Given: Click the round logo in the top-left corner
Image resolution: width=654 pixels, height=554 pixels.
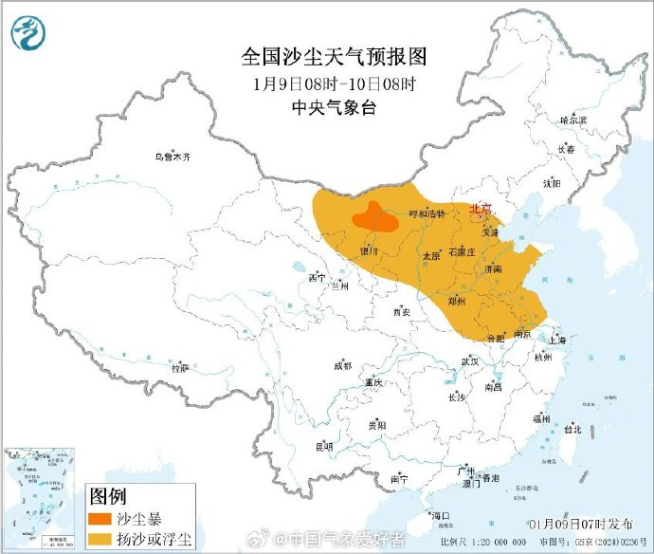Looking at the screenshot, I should click(29, 34).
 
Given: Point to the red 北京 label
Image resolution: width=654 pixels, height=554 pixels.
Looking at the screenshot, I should click(482, 210).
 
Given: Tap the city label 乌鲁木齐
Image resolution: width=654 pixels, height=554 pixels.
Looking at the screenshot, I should click(173, 157).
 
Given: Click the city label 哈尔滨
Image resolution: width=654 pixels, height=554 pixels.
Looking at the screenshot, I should click(572, 120).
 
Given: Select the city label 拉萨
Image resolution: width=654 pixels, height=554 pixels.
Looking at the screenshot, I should click(180, 367).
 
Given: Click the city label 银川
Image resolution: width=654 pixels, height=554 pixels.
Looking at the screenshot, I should click(369, 251).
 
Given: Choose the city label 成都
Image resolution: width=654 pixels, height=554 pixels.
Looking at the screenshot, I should click(342, 365).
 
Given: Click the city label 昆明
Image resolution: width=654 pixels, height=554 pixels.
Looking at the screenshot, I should click(324, 446).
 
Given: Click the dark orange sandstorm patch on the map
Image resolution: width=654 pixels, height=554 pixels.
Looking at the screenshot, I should click(375, 219).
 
